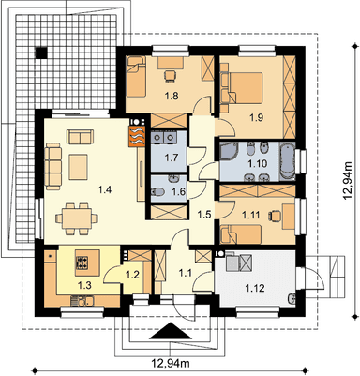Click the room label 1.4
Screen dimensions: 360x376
tap(105, 189)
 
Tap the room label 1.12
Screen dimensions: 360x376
tap(255, 288)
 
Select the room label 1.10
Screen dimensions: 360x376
tap(257, 163)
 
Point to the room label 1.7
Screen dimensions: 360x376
tap(172, 157)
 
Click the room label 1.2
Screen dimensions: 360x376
tap(132, 275)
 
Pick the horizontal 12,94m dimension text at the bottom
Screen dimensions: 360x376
tap(171, 363)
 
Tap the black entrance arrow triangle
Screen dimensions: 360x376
tap(171, 331)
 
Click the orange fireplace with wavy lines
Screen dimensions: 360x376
tap(137, 136)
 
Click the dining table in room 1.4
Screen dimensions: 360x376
tap(76, 218)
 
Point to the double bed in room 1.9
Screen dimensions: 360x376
tap(246, 87)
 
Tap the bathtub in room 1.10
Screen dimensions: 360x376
tap(287, 161)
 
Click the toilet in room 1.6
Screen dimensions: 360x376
tap(157, 191)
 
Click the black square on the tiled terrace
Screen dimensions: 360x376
tap(41, 53)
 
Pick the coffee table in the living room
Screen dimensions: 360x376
tap(79, 167)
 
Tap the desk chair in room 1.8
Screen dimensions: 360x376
tap(170, 76)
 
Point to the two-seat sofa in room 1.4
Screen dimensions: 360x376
tap(80, 137)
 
